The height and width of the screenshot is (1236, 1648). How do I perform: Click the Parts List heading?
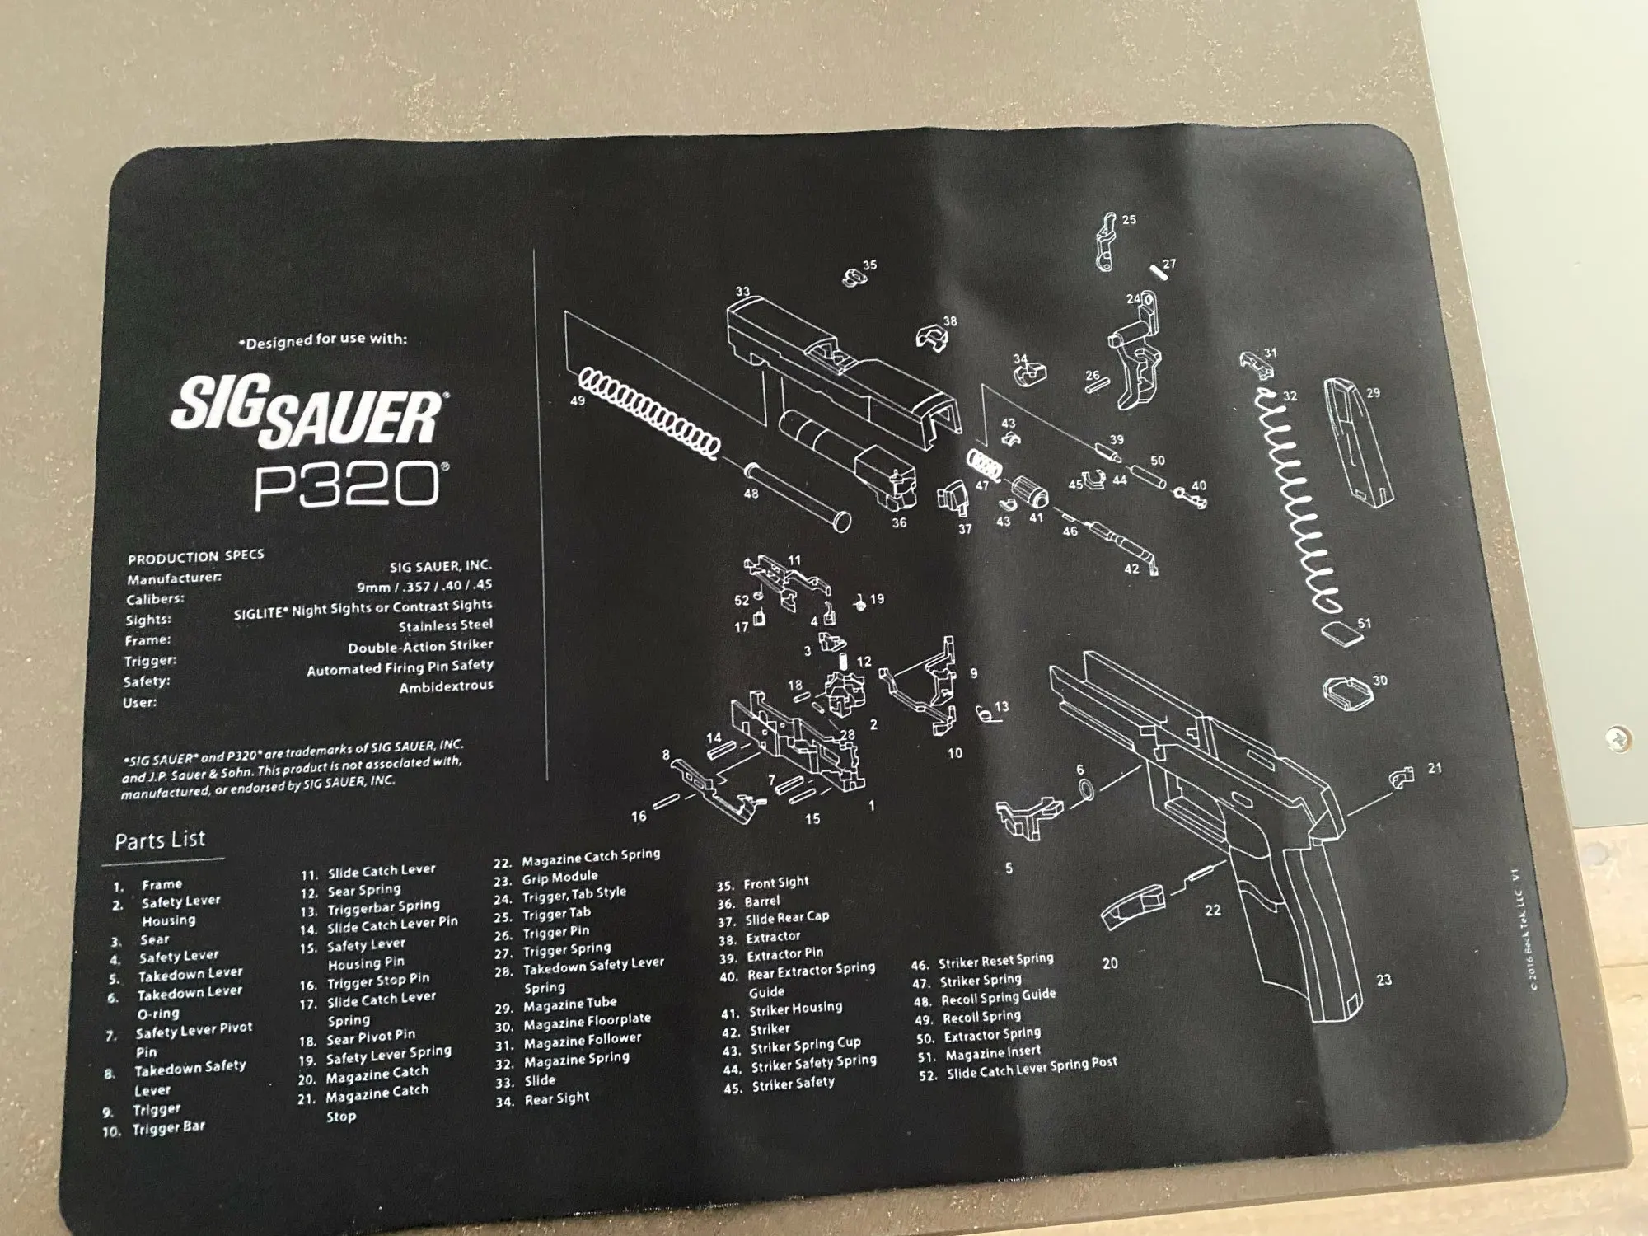(160, 840)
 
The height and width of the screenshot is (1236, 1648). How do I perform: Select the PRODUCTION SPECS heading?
(195, 557)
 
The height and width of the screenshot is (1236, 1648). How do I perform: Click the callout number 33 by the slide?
(742, 292)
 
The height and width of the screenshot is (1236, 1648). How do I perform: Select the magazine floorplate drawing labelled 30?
(1347, 691)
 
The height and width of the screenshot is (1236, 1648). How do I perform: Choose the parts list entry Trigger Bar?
(169, 1128)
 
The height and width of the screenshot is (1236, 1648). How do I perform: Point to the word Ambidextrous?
(446, 686)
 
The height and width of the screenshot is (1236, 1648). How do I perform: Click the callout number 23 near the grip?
(1383, 980)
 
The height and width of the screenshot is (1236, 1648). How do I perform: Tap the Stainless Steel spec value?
(445, 625)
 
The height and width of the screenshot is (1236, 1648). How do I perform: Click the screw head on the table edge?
(1617, 737)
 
